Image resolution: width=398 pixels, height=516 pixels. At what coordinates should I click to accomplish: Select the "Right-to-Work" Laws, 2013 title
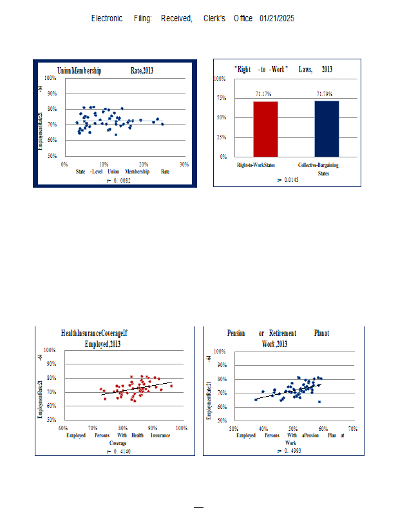[283, 69]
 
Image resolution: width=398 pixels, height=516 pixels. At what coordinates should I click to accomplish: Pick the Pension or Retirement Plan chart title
[278, 339]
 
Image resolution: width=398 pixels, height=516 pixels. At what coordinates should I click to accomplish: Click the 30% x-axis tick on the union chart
[184, 164]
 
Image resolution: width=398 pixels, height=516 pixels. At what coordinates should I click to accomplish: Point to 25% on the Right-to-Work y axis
[220, 137]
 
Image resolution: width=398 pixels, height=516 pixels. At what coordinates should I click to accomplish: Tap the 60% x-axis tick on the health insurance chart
[63, 428]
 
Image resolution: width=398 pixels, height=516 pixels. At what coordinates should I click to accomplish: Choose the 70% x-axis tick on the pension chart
[352, 428]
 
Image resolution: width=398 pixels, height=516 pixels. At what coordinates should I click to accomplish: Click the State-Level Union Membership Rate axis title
[122, 172]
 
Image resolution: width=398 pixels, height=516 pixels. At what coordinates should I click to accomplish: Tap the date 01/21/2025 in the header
[277, 19]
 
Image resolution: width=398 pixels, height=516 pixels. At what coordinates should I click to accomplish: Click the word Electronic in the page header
[107, 19]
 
